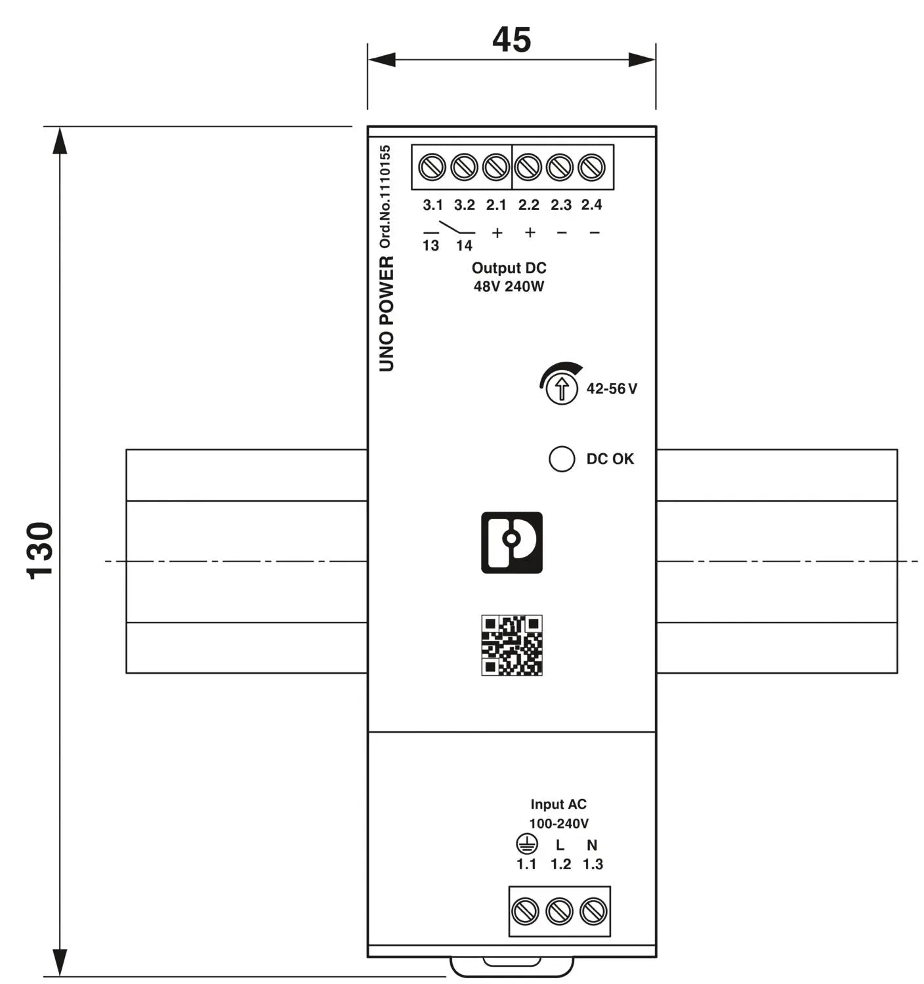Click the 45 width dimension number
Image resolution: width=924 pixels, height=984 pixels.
[x=511, y=39]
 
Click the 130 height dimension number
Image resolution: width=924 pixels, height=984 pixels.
[x=39, y=550]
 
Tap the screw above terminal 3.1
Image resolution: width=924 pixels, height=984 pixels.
[x=432, y=167]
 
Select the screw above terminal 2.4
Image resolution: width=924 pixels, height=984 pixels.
[x=591, y=167]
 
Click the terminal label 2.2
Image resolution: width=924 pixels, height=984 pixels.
[x=528, y=205]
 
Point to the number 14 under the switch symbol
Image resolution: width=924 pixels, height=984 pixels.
[x=464, y=245]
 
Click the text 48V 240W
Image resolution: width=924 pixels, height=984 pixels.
[x=509, y=287]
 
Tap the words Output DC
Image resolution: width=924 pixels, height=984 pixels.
[x=509, y=268]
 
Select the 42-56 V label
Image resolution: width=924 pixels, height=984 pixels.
[x=612, y=388]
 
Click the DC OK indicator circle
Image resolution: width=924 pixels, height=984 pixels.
[x=562, y=459]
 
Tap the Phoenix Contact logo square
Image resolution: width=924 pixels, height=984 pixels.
[x=512, y=543]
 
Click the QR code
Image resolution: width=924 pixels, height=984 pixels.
[x=512, y=645]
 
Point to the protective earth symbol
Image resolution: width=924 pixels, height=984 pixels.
[x=526, y=844]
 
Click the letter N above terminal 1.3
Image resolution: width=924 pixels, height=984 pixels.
[x=592, y=845]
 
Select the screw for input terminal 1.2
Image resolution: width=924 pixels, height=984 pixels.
[x=559, y=911]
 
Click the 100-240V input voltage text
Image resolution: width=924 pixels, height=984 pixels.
[x=558, y=823]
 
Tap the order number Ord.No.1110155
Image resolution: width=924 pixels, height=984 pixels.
[x=385, y=197]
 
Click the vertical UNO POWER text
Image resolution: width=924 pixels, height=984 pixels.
[x=386, y=314]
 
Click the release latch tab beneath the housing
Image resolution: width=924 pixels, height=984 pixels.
[x=512, y=967]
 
